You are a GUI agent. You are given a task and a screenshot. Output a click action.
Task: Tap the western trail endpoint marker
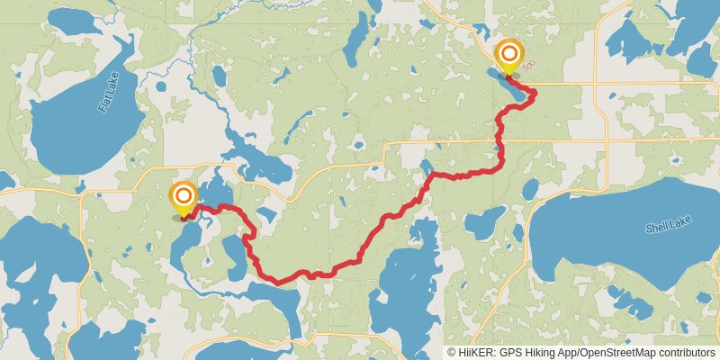(183, 199)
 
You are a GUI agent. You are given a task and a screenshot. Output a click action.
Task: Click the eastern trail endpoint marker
(509, 55)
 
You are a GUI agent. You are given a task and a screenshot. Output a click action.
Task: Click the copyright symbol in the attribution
(451, 353)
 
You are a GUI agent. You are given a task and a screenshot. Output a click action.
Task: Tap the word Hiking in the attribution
(537, 353)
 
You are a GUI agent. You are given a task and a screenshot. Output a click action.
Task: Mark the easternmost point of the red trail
(535, 92)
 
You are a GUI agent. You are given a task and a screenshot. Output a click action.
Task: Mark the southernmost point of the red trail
(281, 283)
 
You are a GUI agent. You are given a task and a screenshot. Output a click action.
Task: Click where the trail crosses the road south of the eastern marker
(499, 140)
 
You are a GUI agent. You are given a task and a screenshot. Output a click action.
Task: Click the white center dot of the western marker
(183, 193)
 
